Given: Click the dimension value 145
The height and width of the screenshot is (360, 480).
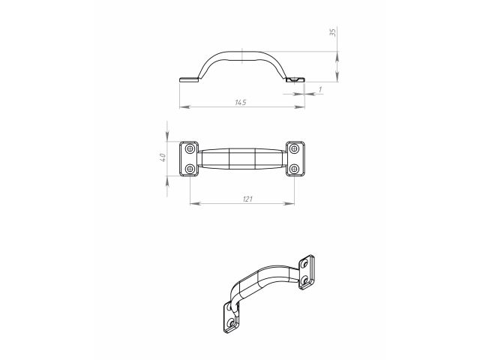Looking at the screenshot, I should pos(241,101).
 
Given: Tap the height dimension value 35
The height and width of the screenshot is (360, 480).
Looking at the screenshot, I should pos(331,33).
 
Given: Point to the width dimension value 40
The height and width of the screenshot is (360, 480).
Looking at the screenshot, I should pos(162,158).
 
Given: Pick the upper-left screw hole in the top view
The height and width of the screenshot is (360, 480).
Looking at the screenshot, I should pos(190,149).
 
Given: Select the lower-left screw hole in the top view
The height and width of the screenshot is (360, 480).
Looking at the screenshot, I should pos(190,169).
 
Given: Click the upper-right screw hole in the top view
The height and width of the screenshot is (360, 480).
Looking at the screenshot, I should pos(294,149).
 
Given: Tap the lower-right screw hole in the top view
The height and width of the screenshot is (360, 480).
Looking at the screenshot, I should pos(294,169).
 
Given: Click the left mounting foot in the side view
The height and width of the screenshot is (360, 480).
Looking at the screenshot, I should pos(189,79).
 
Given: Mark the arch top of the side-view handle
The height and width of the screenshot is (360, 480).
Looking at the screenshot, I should pos(243,55).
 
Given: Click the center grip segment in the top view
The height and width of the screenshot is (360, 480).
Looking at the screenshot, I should pos(242,159).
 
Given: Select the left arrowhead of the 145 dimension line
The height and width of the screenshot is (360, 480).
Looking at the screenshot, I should pos(182,107).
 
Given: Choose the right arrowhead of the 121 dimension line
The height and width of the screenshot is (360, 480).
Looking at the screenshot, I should pos(291,203).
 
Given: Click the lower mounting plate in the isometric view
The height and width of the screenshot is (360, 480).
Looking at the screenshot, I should pos(232,318).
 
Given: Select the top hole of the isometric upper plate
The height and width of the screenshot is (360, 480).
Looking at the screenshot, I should pos(307,264).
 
